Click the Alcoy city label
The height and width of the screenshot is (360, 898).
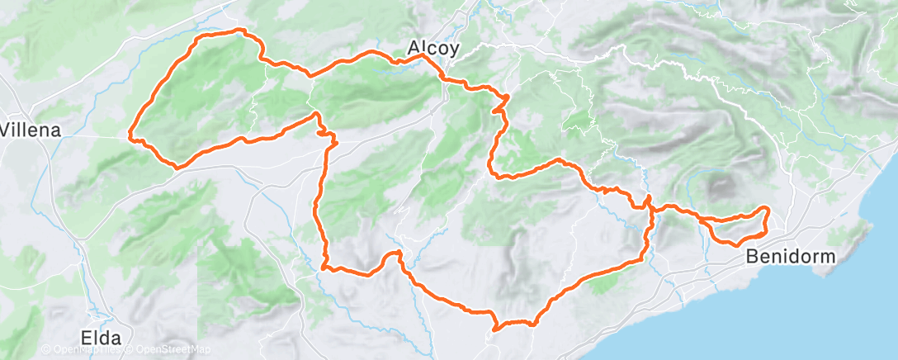pos(432,49)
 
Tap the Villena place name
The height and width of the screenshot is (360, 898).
pos(31,130)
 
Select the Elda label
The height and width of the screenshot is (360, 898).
pos(102,337)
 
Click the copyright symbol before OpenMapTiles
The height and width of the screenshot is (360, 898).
pos(46,350)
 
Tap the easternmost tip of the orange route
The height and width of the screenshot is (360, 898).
pos(769,211)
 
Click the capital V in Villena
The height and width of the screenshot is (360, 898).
pos(7,130)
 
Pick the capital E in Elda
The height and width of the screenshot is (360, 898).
pos(85,337)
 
